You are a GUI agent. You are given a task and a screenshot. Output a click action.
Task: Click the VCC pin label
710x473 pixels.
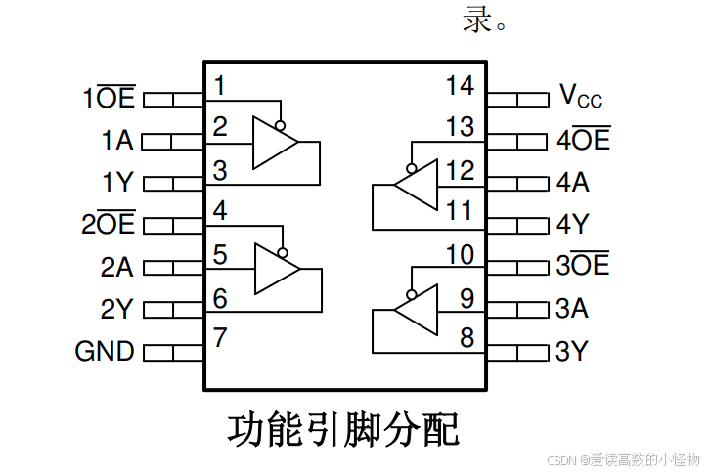[x=581, y=96]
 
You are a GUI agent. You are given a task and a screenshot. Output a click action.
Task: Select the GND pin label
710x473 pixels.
[x=105, y=351]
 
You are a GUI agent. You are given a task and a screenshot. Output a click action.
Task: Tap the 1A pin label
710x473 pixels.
[x=117, y=141]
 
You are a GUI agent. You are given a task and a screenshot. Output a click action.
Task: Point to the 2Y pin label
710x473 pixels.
[x=117, y=309]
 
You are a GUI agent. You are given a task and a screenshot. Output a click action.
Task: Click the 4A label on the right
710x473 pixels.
[x=573, y=183]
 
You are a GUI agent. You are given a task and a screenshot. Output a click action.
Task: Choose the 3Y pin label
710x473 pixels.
[x=573, y=351]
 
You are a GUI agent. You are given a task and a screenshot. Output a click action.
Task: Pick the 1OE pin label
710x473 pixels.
[x=110, y=98]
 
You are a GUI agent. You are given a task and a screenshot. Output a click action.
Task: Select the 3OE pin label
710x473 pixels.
[x=583, y=266]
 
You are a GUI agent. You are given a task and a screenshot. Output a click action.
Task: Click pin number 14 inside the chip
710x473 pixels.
[x=459, y=86]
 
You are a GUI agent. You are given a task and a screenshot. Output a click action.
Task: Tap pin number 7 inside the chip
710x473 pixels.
[x=220, y=338]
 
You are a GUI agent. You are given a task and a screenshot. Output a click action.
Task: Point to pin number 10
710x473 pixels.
[x=459, y=256]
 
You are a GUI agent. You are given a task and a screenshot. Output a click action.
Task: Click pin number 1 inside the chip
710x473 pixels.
[x=220, y=86]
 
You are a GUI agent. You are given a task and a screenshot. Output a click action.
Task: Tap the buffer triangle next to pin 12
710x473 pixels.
[x=417, y=185]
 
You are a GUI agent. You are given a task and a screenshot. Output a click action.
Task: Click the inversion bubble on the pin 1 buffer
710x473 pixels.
[x=281, y=125]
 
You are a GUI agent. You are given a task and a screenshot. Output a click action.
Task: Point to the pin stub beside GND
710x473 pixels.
[x=173, y=351]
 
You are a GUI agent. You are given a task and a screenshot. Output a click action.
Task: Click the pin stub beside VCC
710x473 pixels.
[x=517, y=99]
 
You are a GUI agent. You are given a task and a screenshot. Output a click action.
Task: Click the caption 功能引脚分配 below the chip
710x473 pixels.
[x=344, y=429]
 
